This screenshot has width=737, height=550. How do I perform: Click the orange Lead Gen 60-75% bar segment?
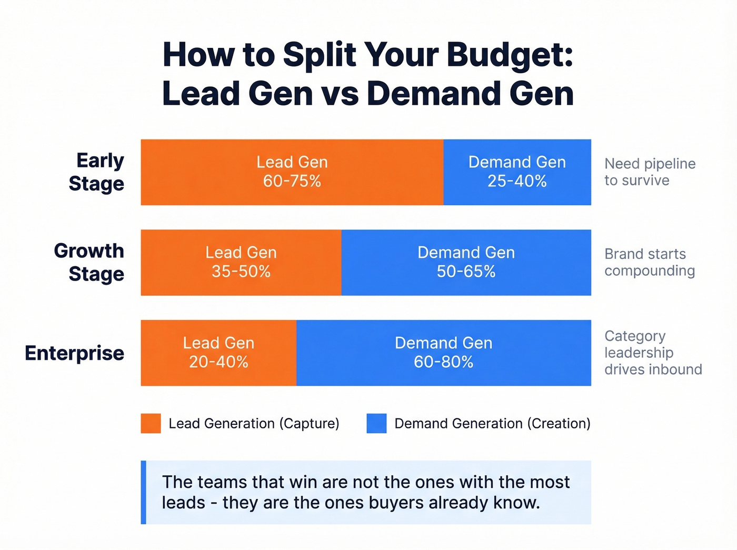click(292, 172)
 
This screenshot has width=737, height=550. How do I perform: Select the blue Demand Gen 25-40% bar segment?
click(517, 172)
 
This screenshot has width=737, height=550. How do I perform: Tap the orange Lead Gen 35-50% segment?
click(241, 262)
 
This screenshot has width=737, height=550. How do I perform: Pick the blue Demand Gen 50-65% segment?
click(466, 262)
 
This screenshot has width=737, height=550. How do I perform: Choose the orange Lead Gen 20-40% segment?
click(218, 353)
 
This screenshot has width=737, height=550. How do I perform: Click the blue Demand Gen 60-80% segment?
click(443, 353)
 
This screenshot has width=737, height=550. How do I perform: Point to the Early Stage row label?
click(97, 172)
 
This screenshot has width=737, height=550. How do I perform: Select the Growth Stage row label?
click(89, 262)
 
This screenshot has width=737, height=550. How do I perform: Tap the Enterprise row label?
click(75, 353)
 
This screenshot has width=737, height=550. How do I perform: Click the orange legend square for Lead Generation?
click(151, 423)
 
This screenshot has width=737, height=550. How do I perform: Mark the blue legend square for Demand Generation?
click(376, 423)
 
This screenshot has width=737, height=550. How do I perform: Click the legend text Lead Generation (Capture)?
click(254, 424)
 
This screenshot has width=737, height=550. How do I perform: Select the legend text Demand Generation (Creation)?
click(492, 424)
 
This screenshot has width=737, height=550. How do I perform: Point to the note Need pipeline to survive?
click(650, 172)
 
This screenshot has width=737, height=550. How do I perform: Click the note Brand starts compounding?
click(650, 262)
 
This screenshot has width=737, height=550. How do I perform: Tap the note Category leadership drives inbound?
click(653, 353)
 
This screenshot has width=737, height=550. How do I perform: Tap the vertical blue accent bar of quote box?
click(143, 492)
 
